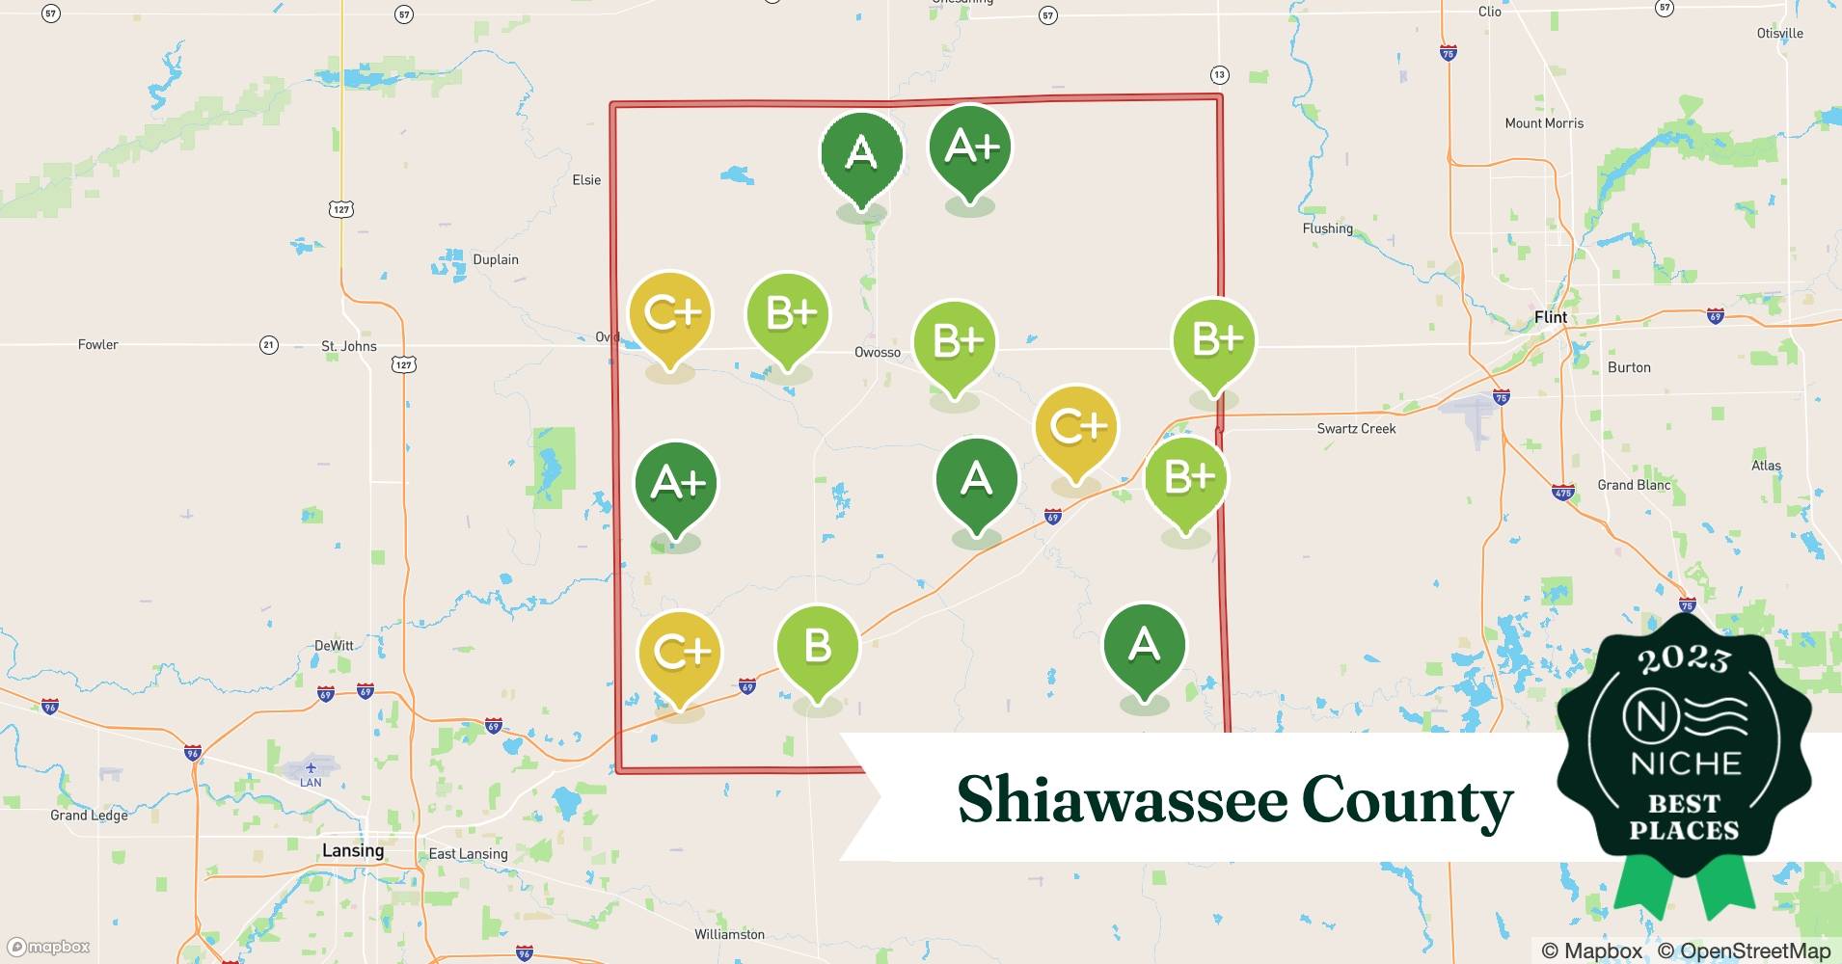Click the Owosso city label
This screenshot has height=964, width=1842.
pyautogui.click(x=878, y=352)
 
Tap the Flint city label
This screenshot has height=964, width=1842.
pyautogui.click(x=1551, y=317)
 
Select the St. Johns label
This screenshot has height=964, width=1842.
pyautogui.click(x=349, y=346)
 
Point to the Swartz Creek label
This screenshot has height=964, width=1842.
pyautogui.click(x=1356, y=428)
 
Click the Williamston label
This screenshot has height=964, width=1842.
pyautogui.click(x=729, y=934)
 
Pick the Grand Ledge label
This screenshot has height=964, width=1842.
pyautogui.click(x=89, y=816)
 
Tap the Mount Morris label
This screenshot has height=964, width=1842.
pyautogui.click(x=1544, y=123)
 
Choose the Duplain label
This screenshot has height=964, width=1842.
pyautogui.click(x=496, y=259)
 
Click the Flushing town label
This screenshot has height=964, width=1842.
pyautogui.click(x=1327, y=228)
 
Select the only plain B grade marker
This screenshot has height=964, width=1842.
pyautogui.click(x=817, y=647)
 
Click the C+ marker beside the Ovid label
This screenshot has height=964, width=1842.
pyautogui.click(x=670, y=314)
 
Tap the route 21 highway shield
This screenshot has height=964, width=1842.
pyautogui.click(x=269, y=345)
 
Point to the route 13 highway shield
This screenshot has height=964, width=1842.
pyautogui.click(x=1219, y=74)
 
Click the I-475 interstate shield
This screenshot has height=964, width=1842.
pyautogui.click(x=1563, y=493)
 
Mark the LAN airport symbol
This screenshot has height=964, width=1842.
pyautogui.click(x=311, y=768)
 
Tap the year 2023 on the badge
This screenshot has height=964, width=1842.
pyautogui.click(x=1684, y=659)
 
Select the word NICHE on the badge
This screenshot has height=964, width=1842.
pyautogui.click(x=1685, y=764)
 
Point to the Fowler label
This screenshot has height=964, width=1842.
pyautogui.click(x=98, y=344)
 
